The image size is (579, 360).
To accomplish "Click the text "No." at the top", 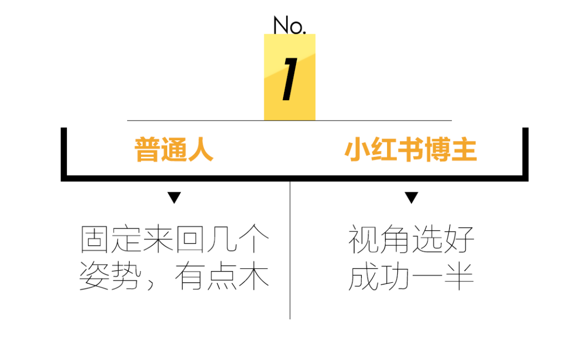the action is [x=289, y=25].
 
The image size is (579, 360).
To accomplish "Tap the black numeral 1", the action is [x=289, y=80].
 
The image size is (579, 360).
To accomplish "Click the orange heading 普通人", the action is [x=174, y=150].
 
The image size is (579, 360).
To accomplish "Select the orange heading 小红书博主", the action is [x=411, y=150].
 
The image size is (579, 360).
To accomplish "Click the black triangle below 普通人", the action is [x=174, y=198].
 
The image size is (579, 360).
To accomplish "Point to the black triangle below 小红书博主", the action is [x=411, y=198].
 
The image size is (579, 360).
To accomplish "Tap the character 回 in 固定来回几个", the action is [x=190, y=239].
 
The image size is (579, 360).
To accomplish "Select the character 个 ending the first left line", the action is [x=254, y=239].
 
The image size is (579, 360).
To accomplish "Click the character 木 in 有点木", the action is [x=254, y=277].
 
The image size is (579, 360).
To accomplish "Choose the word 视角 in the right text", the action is [x=380, y=239].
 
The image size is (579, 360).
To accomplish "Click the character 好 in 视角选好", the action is [x=459, y=239].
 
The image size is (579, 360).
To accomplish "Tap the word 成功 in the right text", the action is [x=380, y=277].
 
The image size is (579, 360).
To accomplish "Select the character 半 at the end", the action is [x=459, y=277].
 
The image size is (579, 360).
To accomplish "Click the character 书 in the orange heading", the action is [x=411, y=150].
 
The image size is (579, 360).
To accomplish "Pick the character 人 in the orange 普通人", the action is [x=201, y=150].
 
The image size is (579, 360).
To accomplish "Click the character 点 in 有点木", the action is [x=222, y=277].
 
